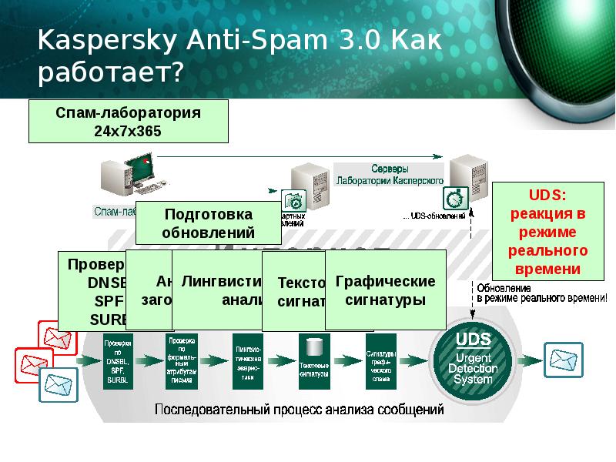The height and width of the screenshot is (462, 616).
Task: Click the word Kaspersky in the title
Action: [x=96, y=40]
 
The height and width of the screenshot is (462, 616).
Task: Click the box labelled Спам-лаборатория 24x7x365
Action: [x=128, y=122]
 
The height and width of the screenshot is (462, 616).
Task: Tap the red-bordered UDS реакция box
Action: [x=548, y=230]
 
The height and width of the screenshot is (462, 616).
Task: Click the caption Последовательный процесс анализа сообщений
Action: [x=300, y=410]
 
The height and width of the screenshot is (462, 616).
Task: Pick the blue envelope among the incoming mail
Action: [x=58, y=380]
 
